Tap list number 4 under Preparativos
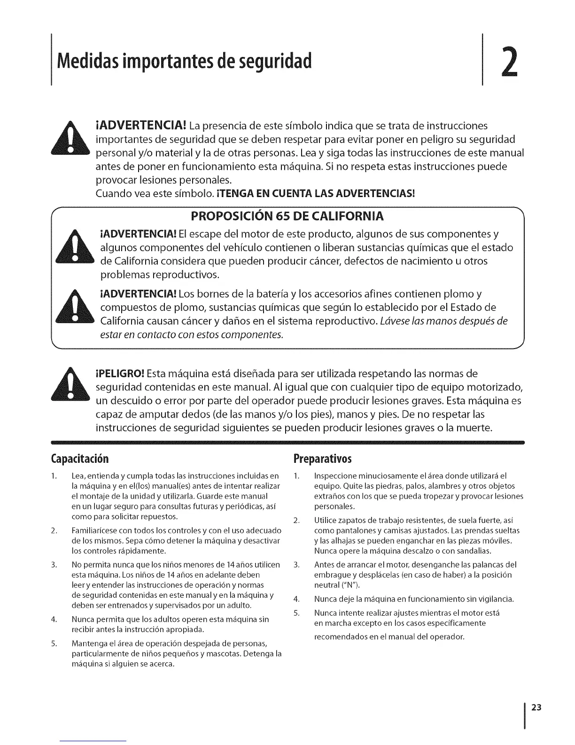(x=296, y=599)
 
